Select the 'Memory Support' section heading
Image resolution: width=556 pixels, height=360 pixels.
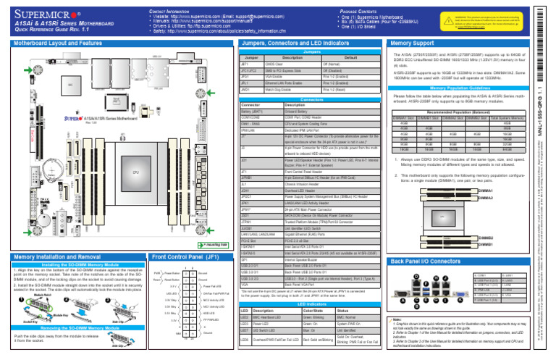[413, 43]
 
